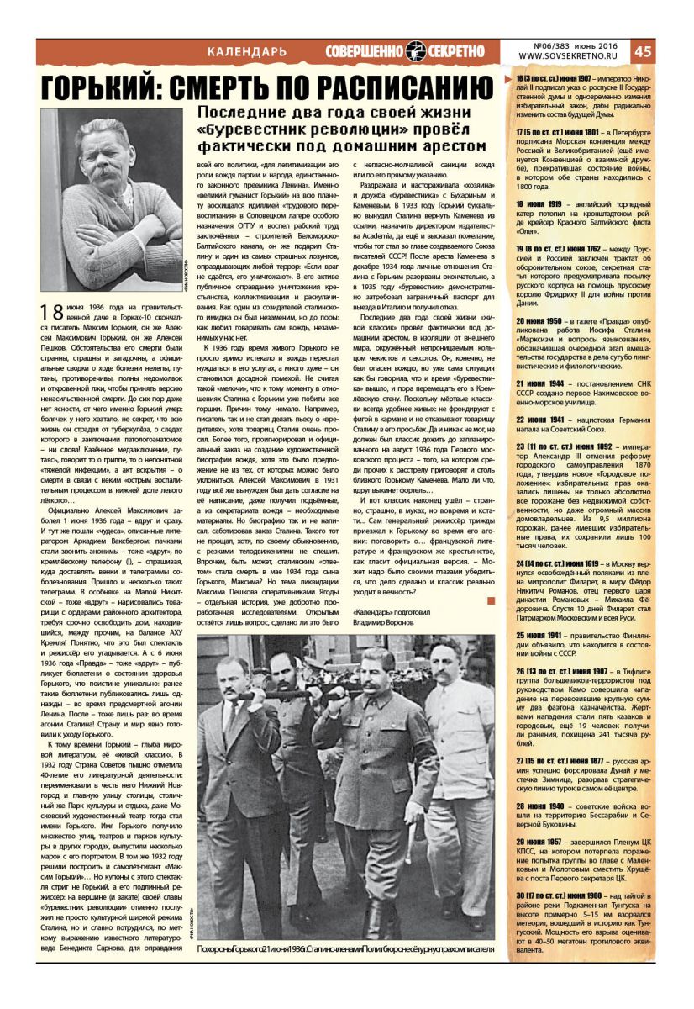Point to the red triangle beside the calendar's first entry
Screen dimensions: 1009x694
click(x=507, y=78)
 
